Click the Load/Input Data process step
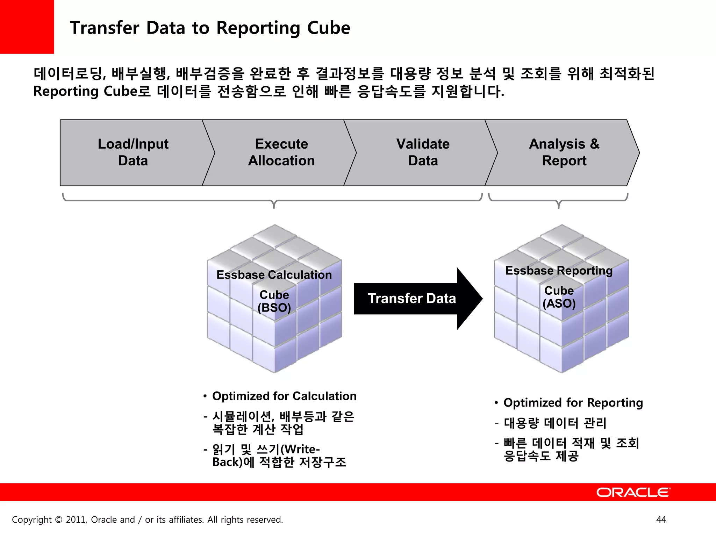tap(133, 152)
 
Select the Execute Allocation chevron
tap(281, 152)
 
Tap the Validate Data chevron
tap(423, 152)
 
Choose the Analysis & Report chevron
tap(564, 152)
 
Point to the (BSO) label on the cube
tap(274, 308)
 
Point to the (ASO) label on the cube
tap(559, 303)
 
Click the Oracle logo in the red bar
tap(633, 492)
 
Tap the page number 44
tap(661, 520)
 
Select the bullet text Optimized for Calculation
tap(284, 396)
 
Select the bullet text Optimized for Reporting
tap(573, 403)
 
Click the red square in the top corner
tap(27, 27)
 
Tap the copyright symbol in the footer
tap(59, 520)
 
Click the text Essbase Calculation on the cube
tap(274, 275)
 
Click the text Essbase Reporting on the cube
tap(559, 271)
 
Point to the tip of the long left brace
tap(274, 207)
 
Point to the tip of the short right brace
tap(559, 207)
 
